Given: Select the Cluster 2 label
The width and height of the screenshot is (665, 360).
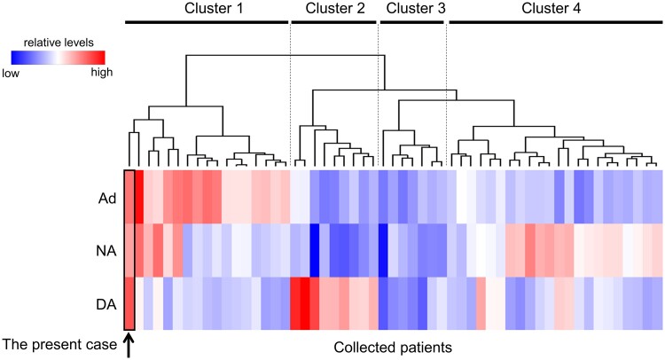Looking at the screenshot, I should pos(334,9).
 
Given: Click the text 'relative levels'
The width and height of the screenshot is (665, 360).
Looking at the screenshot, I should pos(59,42).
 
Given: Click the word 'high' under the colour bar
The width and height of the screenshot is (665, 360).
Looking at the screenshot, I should pos(103,74).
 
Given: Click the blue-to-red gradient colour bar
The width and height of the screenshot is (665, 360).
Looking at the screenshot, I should pos(59,58).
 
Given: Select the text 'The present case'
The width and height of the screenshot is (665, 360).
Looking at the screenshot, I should pos(59,344).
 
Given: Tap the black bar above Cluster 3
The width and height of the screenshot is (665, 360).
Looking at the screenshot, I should pos(412,21).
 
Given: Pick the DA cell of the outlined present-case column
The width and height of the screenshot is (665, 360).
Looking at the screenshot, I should pos(129,304).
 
